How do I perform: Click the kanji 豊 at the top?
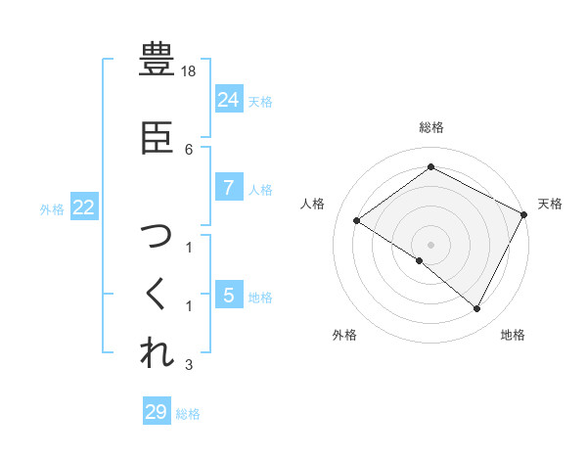(158, 61)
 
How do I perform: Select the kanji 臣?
(158, 138)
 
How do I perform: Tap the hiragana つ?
(158, 236)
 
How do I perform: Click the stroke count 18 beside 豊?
(190, 72)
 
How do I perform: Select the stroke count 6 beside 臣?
(190, 149)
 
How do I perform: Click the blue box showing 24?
(228, 99)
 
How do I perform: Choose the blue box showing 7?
(228, 187)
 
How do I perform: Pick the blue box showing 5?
(228, 295)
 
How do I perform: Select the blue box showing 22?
(84, 207)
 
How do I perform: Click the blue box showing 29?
(157, 412)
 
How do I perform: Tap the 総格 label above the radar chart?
(430, 127)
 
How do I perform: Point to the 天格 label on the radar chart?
(550, 204)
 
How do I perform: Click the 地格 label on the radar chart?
(513, 335)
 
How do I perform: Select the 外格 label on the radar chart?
(344, 335)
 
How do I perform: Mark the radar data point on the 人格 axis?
(357, 220)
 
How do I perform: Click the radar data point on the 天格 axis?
(523, 214)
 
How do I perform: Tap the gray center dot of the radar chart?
(430, 244)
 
